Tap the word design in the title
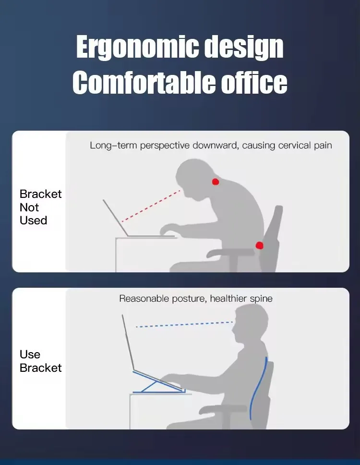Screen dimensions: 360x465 point(244,48)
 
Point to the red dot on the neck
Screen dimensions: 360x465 point(216,182)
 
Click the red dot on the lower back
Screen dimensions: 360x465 point(259,245)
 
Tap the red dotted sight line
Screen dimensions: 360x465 point(151,206)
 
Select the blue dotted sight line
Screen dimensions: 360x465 point(184,324)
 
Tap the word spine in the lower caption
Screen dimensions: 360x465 point(261,299)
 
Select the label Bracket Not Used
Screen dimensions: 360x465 point(41,207)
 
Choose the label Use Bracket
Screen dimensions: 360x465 point(41,361)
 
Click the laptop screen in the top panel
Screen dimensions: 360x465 point(115,218)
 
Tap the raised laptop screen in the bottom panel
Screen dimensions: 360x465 point(128,343)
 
